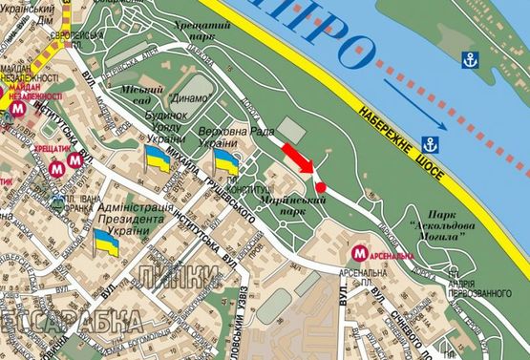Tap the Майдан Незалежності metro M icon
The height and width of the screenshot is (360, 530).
(21, 110)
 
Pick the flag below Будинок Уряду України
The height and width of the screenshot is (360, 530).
(157, 159)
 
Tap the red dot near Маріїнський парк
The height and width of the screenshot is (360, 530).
(322, 186)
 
